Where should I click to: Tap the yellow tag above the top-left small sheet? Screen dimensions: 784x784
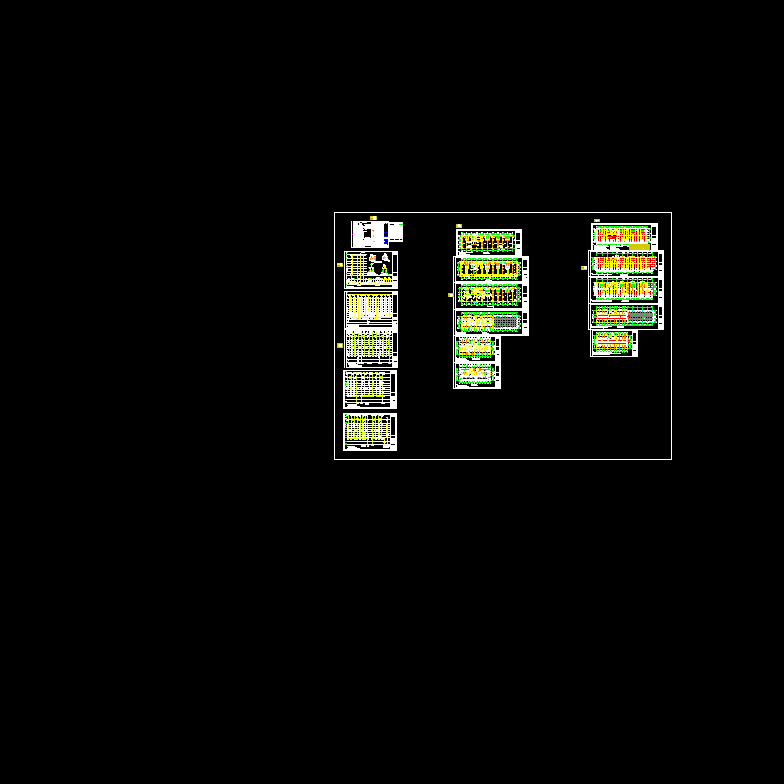pyautogui.click(x=373, y=217)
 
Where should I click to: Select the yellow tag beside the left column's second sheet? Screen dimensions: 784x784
pyautogui.click(x=340, y=265)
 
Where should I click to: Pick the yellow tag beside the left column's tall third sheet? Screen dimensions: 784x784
pyautogui.click(x=340, y=345)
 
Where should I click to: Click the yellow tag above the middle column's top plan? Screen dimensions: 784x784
pyautogui.click(x=459, y=226)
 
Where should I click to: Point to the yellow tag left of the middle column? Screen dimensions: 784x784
pyautogui.click(x=450, y=294)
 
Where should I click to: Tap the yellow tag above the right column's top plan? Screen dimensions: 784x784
pyautogui.click(x=597, y=220)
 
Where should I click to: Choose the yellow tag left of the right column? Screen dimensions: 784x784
pyautogui.click(x=584, y=267)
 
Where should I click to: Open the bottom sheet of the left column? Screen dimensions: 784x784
pyautogui.click(x=369, y=431)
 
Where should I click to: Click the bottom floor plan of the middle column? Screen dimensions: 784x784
pyautogui.click(x=476, y=375)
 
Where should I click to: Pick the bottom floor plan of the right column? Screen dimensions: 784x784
pyautogui.click(x=613, y=342)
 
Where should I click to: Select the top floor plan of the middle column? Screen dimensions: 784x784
pyautogui.click(x=488, y=242)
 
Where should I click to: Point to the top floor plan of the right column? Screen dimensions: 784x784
pyautogui.click(x=623, y=234)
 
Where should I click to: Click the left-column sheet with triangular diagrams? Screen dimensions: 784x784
pyautogui.click(x=370, y=269)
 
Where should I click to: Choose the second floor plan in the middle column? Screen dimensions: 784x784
pyautogui.click(x=490, y=269)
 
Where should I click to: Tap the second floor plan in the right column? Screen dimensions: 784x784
pyautogui.click(x=625, y=263)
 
